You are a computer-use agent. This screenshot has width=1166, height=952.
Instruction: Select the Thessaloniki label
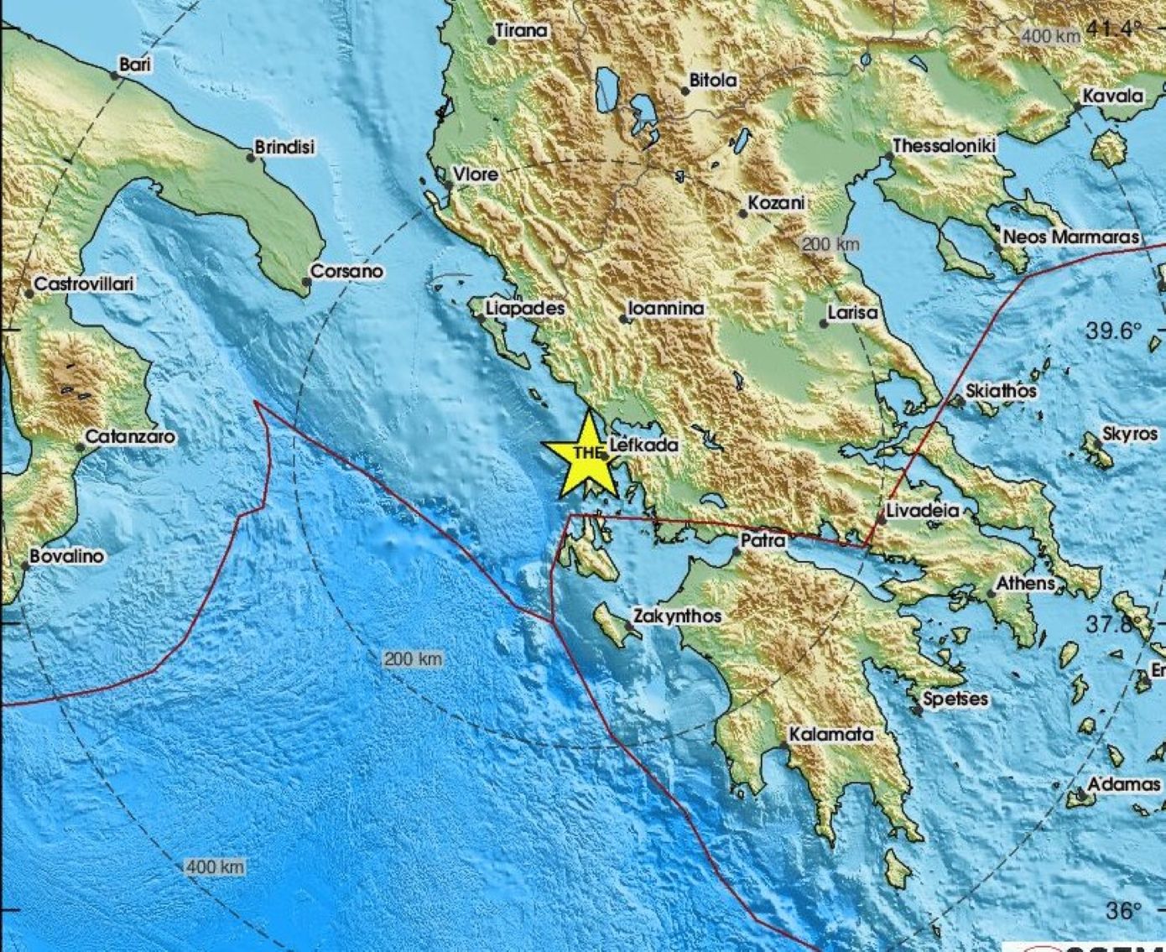[x=945, y=146]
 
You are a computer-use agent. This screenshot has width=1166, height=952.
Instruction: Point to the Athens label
[x=1025, y=583]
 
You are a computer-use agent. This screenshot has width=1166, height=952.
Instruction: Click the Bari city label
[x=135, y=64]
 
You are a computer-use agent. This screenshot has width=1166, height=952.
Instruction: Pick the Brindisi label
[x=284, y=147]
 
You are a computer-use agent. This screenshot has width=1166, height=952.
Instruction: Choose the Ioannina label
[x=667, y=309]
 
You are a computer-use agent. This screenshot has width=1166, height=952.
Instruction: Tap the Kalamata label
[x=831, y=734]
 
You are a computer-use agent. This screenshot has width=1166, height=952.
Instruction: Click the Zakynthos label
[x=677, y=616]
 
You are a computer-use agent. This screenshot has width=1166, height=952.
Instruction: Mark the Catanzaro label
[x=130, y=437]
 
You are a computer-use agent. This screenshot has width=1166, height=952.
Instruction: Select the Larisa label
[x=852, y=313]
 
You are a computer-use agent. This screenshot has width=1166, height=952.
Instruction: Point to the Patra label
[x=763, y=541]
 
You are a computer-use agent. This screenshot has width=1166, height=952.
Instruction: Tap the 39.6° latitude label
[x=1114, y=330]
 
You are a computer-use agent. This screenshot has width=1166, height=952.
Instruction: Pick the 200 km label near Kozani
[x=831, y=244]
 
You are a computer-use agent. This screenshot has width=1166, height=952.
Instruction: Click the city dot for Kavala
[x=1077, y=107]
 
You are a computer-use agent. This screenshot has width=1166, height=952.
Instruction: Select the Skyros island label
[x=1128, y=434]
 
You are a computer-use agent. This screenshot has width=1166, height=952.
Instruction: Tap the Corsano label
[x=346, y=271]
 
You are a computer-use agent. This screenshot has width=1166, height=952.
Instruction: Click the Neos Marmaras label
[x=1071, y=237]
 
